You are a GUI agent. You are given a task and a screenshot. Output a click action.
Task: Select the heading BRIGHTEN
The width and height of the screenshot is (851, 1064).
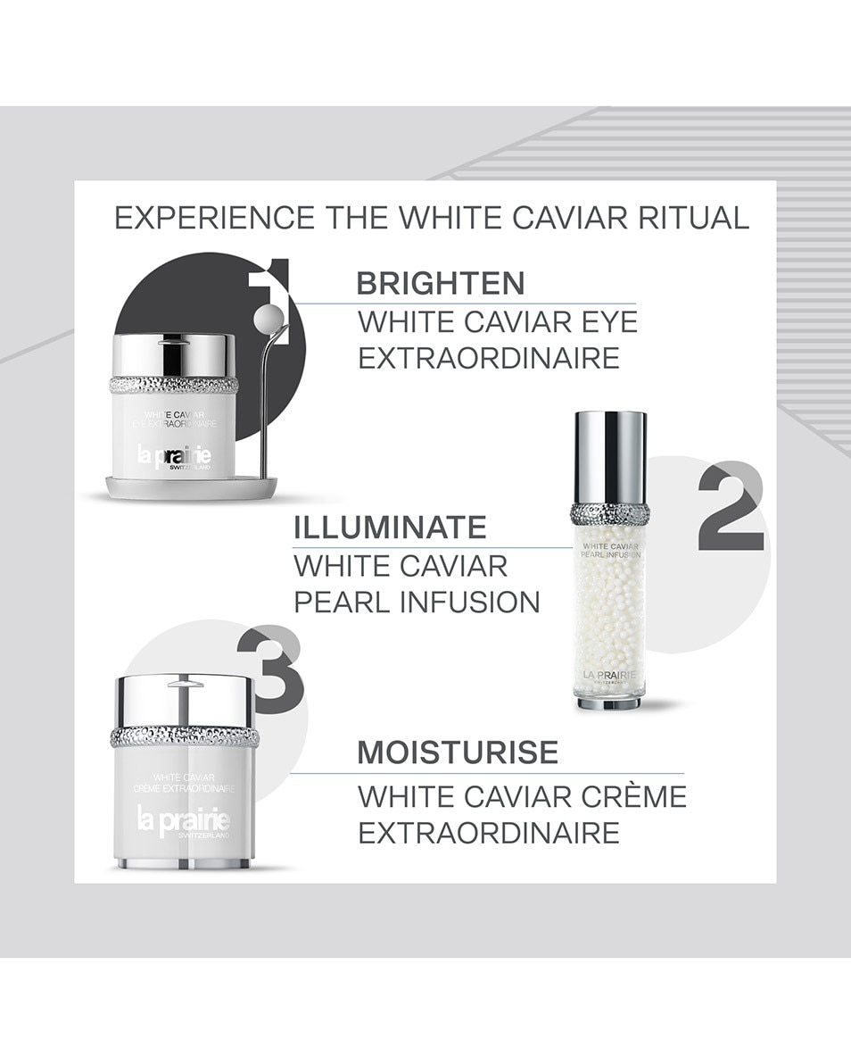tap(440, 283)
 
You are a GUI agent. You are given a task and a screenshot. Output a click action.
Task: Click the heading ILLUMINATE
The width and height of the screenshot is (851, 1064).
tap(390, 527)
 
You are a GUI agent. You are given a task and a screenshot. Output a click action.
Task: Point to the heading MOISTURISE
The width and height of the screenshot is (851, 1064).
tap(458, 752)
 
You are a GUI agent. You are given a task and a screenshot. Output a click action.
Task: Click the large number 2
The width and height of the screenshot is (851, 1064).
tap(730, 507)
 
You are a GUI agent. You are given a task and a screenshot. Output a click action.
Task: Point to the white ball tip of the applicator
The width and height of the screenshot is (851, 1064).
tap(268, 319)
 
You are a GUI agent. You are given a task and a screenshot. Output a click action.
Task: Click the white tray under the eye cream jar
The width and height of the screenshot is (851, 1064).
tap(191, 488)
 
